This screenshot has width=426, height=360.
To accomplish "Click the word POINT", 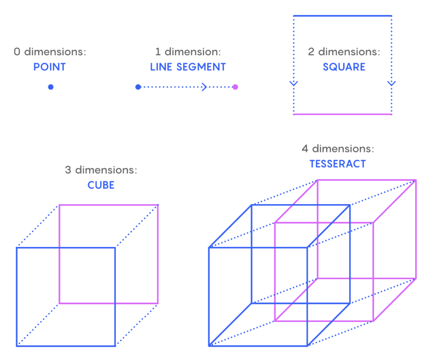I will (x=49, y=67).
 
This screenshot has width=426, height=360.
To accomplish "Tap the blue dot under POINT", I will (x=50, y=87).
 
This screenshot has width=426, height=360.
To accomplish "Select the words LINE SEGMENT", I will (x=188, y=67).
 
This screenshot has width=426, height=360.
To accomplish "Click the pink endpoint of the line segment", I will (x=235, y=87).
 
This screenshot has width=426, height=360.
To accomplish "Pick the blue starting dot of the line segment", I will (x=138, y=87).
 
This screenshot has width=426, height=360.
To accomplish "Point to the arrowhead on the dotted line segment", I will (x=204, y=87).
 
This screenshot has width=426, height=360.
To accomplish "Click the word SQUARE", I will (x=344, y=67).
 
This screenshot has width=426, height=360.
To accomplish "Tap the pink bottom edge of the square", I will (x=342, y=114).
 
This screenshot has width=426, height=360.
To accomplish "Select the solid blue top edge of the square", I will (x=342, y=16).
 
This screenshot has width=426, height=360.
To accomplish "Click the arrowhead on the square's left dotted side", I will (x=293, y=83).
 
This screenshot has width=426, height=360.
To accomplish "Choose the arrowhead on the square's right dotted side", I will (x=391, y=83).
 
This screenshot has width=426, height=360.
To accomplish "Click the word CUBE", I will (x=101, y=185).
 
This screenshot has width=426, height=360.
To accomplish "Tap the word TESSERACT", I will (x=338, y=164).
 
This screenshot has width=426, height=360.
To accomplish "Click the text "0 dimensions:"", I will (x=50, y=52).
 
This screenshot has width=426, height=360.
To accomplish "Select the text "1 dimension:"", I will (x=188, y=52).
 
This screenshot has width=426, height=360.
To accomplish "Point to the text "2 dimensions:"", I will (x=344, y=52).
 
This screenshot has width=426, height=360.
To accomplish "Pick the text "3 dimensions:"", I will (x=101, y=170).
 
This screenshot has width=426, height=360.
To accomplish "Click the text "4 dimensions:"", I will (x=338, y=149).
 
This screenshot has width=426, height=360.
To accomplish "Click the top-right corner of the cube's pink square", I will (x=158, y=205).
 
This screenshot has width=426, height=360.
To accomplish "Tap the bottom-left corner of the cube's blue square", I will (x=17, y=345).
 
